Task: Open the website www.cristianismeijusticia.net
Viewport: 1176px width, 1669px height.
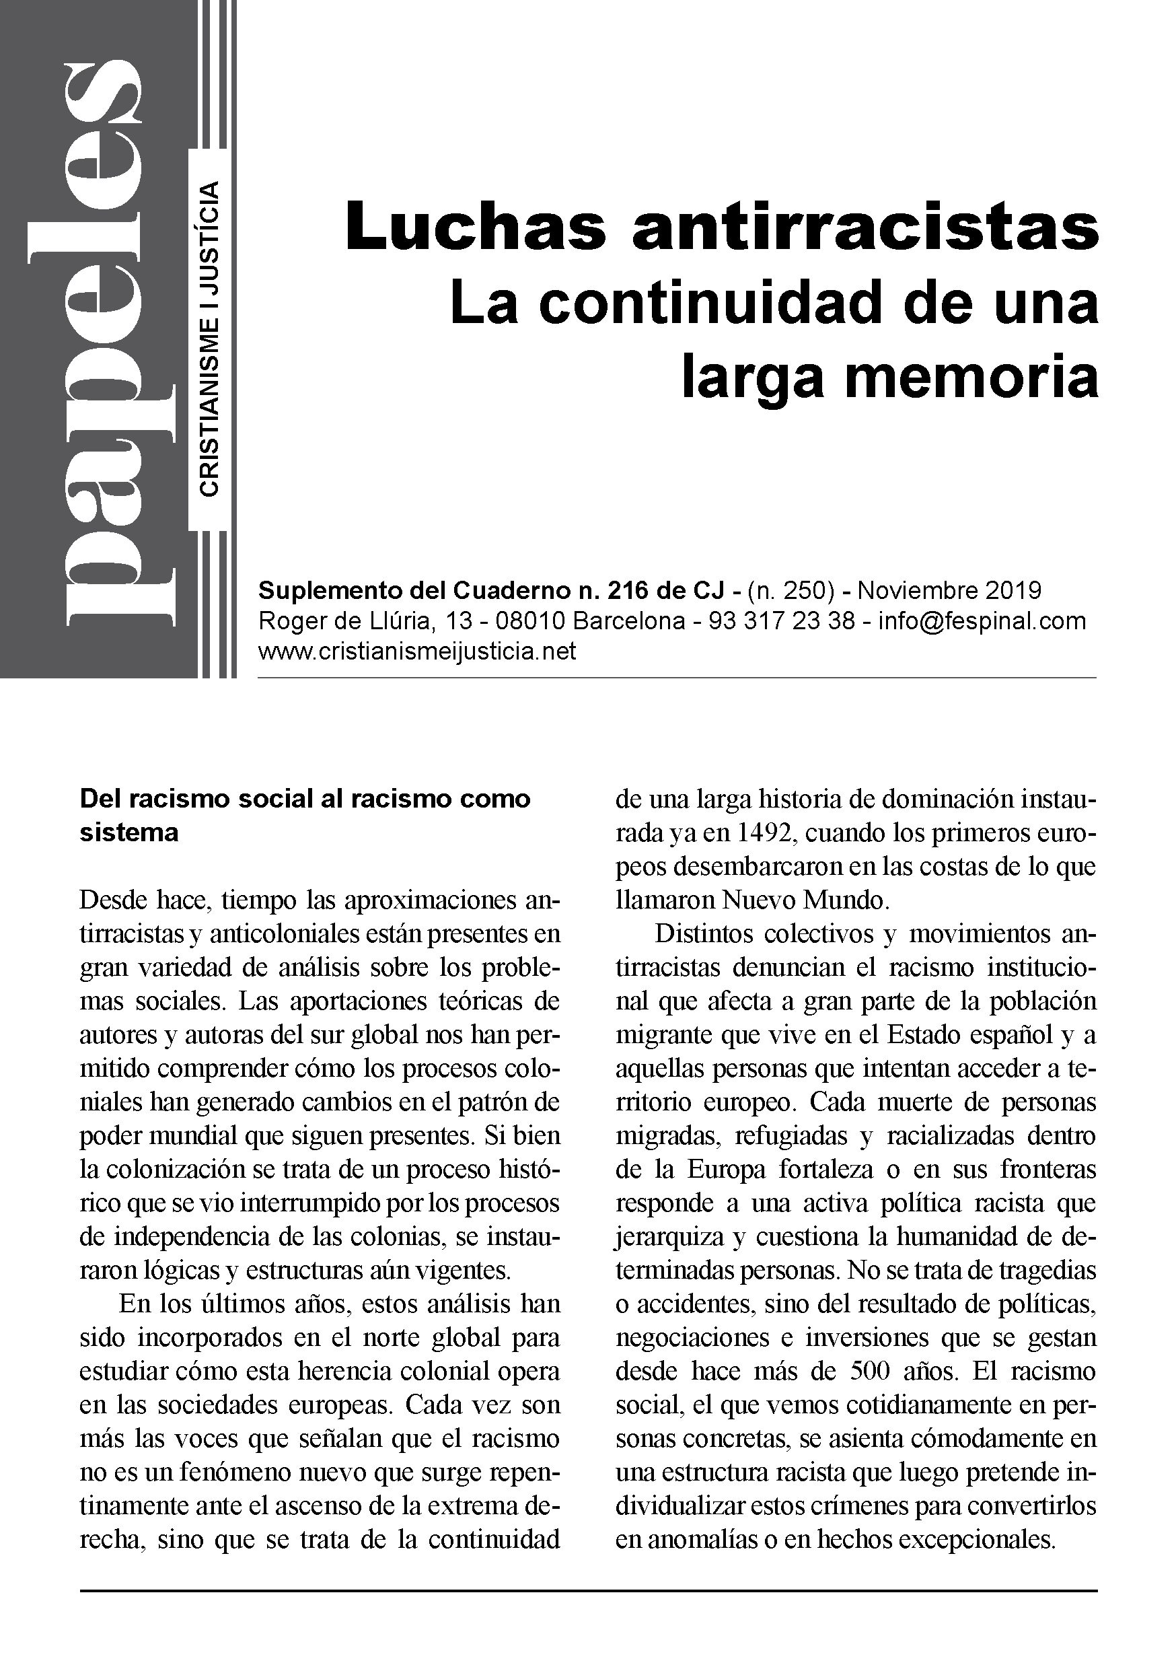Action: point(416,651)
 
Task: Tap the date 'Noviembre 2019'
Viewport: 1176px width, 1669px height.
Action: point(949,590)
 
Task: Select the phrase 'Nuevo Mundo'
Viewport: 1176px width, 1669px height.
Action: point(805,900)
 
